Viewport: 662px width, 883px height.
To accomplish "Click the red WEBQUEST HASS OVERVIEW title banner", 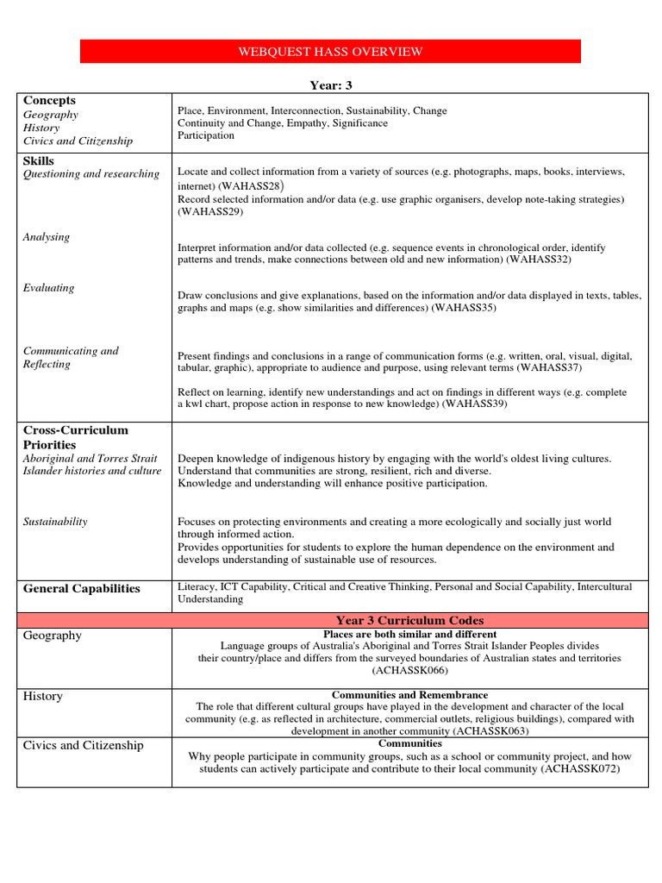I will [330, 52].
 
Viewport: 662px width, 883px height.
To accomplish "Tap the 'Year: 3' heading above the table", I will [331, 85].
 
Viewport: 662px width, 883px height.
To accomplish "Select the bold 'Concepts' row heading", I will [50, 101].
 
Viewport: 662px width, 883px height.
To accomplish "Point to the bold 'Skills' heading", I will [39, 161].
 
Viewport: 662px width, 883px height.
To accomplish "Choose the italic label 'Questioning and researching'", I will [91, 174].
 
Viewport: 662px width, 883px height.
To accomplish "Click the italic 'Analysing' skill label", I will [47, 237].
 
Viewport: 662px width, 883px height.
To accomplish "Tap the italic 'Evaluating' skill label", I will [48, 288].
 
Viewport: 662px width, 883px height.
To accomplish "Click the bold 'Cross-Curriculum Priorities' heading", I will [76, 437].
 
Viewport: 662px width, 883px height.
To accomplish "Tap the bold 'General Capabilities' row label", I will [81, 589].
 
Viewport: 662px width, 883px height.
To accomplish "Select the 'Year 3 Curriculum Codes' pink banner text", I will [409, 621].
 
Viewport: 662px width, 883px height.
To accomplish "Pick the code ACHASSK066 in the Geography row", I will [410, 670].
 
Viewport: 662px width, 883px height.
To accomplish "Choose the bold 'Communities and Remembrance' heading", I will [409, 695].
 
